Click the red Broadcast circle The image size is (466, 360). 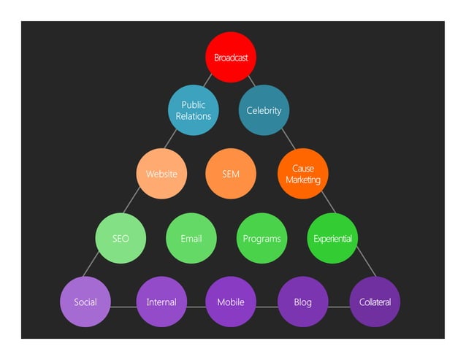coord(230,57)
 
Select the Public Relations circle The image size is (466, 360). coord(194,110)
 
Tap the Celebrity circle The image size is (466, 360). coord(264,110)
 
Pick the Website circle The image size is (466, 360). coord(161,174)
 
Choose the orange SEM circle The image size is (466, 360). coord(230,174)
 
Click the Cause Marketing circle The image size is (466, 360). coord(302,174)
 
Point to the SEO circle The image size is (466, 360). coord(121,238)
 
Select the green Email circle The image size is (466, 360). coord(191,238)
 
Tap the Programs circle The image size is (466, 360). coord(261,238)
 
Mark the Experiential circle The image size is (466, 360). coord(332,238)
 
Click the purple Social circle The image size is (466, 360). coord(85,302)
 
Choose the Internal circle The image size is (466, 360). coord(161,302)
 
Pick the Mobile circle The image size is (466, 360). coord(230,302)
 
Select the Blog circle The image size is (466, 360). coord(302,302)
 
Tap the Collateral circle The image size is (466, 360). coord(375,302)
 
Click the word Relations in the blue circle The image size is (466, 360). coord(194,116)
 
